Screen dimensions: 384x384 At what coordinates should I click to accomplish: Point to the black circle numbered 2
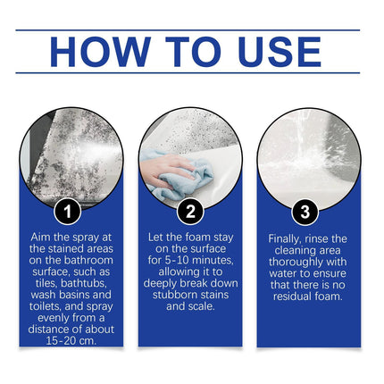189,212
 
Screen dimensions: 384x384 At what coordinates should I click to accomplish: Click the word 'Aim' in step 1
42,236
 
